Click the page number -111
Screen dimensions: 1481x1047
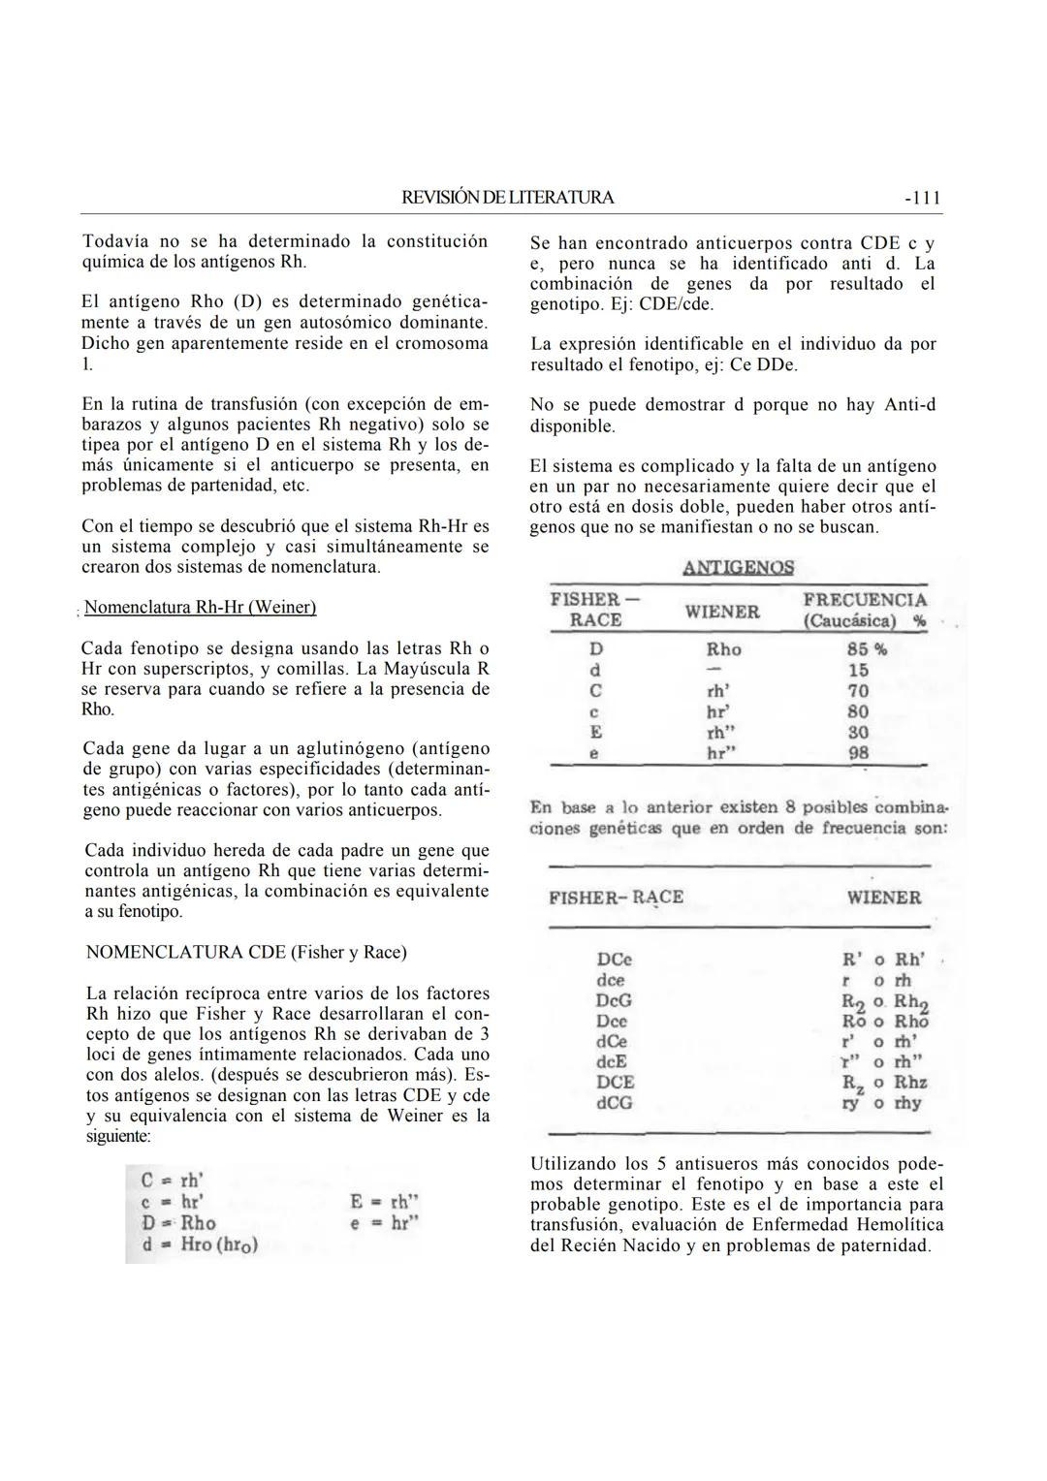coord(922,198)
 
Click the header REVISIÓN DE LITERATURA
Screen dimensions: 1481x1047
coord(508,198)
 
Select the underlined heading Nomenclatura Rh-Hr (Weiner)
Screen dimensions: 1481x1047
coord(200,608)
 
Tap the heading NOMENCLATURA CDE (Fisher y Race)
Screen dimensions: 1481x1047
coord(246,952)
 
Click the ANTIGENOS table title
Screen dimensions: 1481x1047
coord(738,568)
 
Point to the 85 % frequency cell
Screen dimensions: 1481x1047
coord(867,649)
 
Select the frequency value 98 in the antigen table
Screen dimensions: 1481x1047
coord(858,753)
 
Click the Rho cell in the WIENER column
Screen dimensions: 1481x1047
coord(723,649)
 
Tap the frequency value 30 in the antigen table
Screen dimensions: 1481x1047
coord(858,733)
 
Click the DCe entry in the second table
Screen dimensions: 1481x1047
coord(614,960)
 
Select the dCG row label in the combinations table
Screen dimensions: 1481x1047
coord(615,1103)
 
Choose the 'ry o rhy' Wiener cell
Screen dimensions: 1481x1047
coord(882,1103)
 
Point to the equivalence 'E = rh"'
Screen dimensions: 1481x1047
coord(384,1203)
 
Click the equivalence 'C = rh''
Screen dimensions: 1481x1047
coord(173,1181)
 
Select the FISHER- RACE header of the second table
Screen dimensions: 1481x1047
coord(616,898)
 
